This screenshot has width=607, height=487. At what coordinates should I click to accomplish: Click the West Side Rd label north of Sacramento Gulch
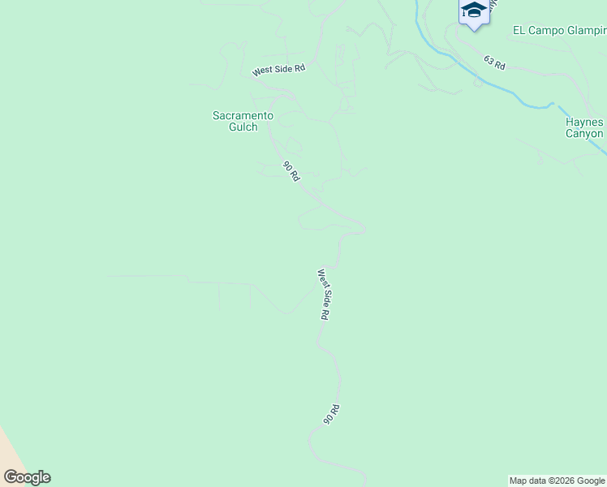[x=278, y=70]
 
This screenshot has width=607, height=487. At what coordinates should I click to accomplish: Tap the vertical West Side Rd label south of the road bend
[x=323, y=295]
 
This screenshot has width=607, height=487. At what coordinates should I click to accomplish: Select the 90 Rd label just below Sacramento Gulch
[x=291, y=172]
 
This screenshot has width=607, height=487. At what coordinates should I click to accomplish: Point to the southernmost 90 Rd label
[x=330, y=415]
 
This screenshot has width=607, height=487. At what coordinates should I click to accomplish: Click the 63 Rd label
[x=494, y=62]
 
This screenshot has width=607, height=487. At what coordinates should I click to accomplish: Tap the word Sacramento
[x=243, y=116]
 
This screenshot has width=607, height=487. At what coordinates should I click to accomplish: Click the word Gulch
[x=243, y=127]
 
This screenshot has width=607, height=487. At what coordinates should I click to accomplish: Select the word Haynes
[x=585, y=123]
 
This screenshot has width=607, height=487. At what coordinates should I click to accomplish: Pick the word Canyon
[x=585, y=134]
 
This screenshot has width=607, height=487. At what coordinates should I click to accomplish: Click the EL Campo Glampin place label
[x=559, y=31]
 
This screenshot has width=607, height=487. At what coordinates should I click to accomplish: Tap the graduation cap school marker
[x=473, y=11]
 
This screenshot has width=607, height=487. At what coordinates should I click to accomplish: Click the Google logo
[x=27, y=477]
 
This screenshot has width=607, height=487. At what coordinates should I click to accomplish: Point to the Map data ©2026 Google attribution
[x=557, y=481]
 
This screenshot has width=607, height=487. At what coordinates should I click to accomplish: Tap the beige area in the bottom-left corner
[x=10, y=455]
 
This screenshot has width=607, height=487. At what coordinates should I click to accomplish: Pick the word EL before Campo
[x=520, y=31]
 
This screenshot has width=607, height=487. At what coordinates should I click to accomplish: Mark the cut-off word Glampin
[x=586, y=31]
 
